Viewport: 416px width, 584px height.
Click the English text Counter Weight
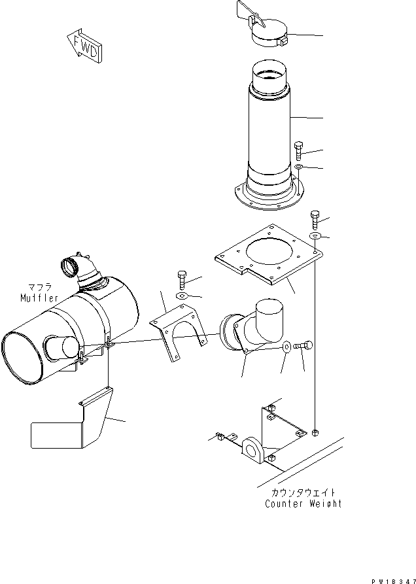(x=303, y=504)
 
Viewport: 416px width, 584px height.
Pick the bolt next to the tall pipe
(x=298, y=150)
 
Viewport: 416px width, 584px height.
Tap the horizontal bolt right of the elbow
(x=305, y=346)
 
